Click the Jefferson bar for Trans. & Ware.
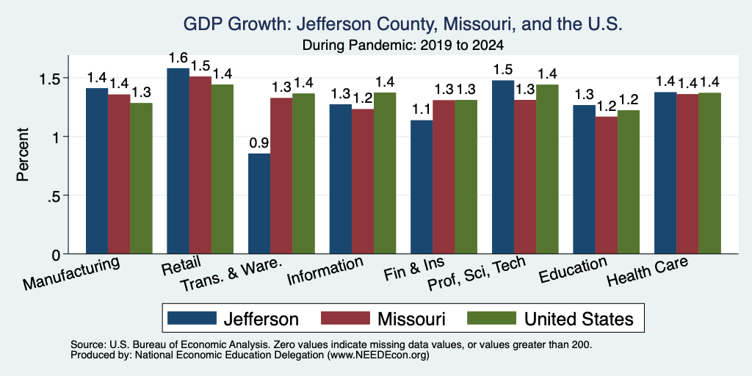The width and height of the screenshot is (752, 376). (259, 204)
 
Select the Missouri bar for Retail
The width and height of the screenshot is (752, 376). (200, 165)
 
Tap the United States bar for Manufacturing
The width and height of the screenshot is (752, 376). (141, 178)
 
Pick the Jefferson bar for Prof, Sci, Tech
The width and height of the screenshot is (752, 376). (503, 167)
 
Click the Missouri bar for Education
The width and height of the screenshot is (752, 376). (606, 185)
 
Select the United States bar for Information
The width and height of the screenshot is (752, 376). (385, 173)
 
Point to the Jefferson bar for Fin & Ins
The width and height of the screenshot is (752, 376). (422, 187)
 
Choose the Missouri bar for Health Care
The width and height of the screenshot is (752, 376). (687, 174)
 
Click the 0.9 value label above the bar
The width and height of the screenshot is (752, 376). (259, 143)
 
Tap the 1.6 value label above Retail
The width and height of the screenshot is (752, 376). (178, 57)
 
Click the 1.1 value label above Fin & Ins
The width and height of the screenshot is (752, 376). (422, 109)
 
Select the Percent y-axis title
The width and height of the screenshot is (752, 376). (22, 154)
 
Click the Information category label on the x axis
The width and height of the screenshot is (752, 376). (325, 271)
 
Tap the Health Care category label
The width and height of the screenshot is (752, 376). (648, 272)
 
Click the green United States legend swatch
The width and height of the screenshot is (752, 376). (492, 318)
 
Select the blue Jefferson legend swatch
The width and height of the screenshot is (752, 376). (192, 318)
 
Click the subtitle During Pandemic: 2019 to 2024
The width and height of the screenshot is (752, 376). (403, 46)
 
